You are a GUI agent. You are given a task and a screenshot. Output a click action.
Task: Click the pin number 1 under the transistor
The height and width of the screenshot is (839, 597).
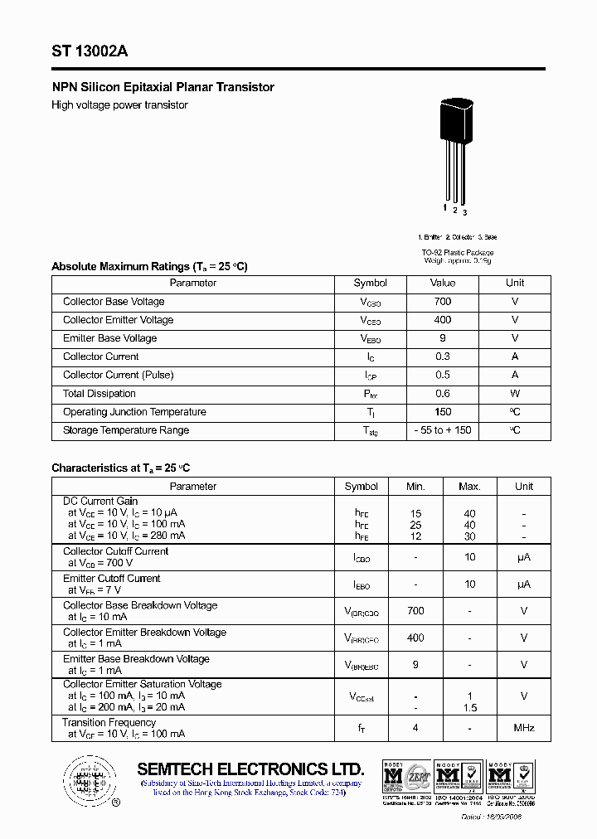point(445,207)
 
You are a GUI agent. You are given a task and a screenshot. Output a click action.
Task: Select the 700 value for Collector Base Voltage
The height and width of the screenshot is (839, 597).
point(443,302)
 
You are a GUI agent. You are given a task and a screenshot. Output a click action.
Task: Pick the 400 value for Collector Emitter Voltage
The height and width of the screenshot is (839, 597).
point(443,320)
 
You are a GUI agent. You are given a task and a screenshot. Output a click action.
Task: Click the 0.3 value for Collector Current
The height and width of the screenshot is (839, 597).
point(443,356)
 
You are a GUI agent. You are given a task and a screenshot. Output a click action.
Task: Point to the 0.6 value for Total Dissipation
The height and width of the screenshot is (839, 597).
point(443,394)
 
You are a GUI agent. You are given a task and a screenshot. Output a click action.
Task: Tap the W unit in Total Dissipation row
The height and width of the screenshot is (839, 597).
point(515,394)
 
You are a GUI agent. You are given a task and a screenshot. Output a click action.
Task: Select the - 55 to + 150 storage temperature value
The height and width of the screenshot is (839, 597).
point(443,430)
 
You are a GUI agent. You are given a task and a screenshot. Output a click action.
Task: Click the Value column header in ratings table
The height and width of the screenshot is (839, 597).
point(443,283)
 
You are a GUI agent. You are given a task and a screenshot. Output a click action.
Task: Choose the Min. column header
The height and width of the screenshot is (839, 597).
point(415,487)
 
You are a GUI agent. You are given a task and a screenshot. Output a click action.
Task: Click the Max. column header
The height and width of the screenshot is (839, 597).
point(469,487)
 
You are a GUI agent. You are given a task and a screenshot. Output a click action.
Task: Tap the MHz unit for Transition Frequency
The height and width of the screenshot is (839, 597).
point(523,728)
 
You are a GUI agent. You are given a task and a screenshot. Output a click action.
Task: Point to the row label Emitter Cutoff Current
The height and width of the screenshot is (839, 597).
point(112,579)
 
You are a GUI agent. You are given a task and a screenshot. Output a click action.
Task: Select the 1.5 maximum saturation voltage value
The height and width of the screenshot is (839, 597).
point(469,707)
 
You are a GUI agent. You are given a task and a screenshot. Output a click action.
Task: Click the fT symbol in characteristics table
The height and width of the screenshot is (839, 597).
point(362,729)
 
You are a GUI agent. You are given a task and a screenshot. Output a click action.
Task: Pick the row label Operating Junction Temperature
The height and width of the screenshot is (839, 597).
point(134,412)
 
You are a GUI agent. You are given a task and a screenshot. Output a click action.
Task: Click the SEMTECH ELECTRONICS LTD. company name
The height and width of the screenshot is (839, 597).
point(250,768)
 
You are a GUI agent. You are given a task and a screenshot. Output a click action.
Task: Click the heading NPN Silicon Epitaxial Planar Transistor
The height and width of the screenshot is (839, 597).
point(163,87)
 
